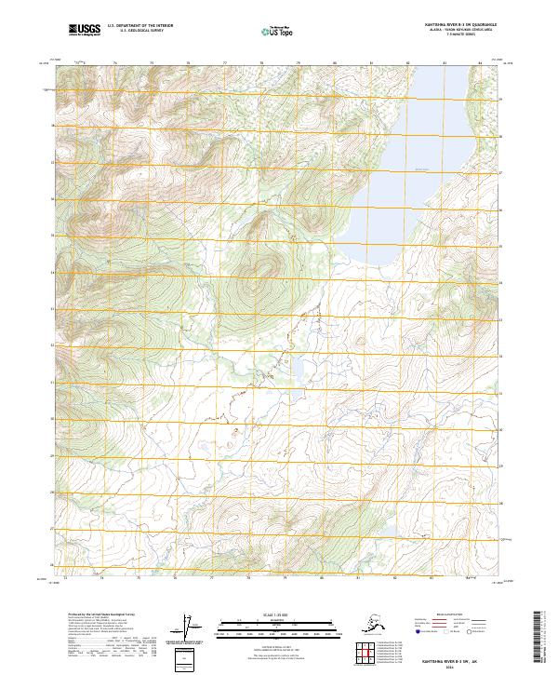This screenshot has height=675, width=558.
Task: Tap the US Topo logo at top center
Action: (278, 33)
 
